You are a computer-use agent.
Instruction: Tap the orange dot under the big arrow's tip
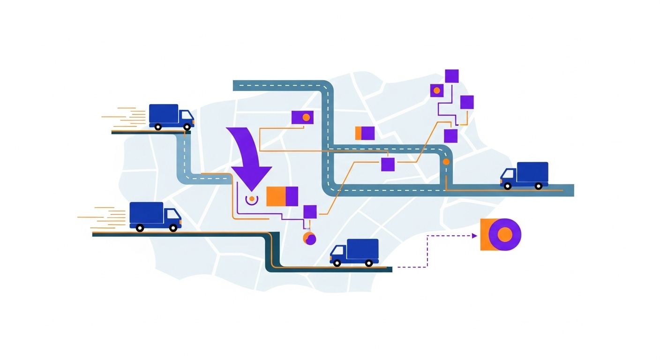click(x=252, y=199)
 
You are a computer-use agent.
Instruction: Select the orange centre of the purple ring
click(x=505, y=234)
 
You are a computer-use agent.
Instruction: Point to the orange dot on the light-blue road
click(x=446, y=162)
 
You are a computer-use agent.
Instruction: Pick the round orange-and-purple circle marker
click(x=309, y=238)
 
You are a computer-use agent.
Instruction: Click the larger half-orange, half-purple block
click(x=282, y=196)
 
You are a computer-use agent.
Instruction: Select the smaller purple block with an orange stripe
click(x=365, y=133)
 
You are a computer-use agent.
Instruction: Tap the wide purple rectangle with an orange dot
click(x=302, y=117)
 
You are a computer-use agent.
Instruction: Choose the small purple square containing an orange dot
click(x=437, y=90)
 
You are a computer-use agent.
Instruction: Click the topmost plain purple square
click(x=452, y=76)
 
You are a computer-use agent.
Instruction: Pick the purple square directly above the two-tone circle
click(x=310, y=211)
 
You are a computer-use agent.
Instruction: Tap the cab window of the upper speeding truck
click(x=186, y=116)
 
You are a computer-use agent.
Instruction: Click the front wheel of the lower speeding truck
click(x=173, y=228)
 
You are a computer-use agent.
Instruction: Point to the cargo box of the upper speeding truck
click(x=164, y=114)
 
